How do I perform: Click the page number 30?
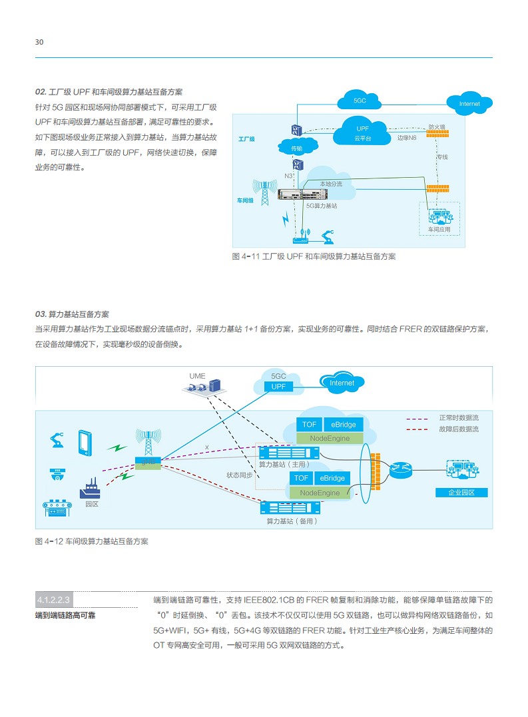click(39, 42)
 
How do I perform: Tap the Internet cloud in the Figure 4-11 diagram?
click(469, 104)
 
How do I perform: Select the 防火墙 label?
click(437, 126)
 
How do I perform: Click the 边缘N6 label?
click(407, 138)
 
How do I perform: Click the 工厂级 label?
click(246, 140)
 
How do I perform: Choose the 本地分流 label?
click(330, 184)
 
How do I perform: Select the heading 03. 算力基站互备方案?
click(72, 314)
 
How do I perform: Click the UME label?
click(197, 375)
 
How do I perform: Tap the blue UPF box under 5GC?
click(278, 386)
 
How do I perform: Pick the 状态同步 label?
click(239, 475)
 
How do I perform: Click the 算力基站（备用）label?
click(292, 521)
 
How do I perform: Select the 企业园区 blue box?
click(462, 493)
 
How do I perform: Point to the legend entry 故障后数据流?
click(458, 429)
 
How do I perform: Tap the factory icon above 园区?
click(90, 489)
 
